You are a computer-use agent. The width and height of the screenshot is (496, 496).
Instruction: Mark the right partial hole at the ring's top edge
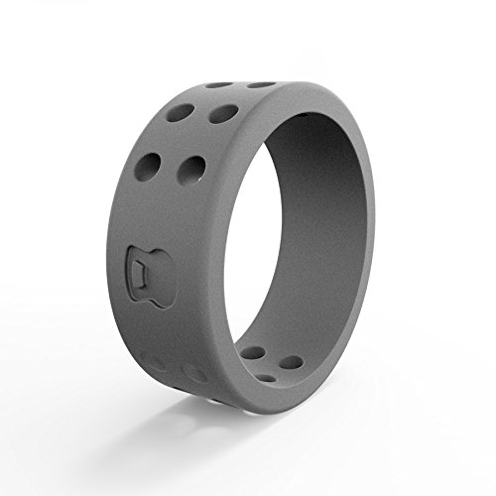[x=260, y=84]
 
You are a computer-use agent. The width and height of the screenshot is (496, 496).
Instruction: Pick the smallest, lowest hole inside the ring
[x=268, y=377]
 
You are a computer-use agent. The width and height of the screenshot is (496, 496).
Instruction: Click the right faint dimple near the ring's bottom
[x=195, y=375]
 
